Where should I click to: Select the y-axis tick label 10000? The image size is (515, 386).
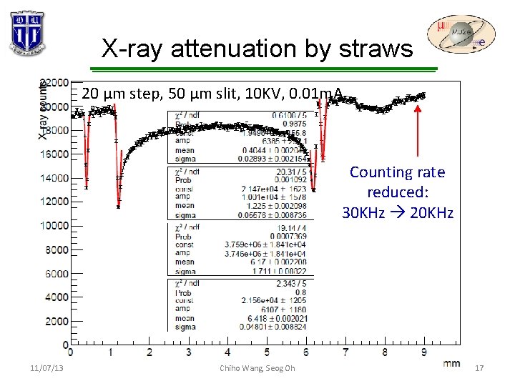click(54, 226)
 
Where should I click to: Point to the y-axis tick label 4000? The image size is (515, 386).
click(57, 297)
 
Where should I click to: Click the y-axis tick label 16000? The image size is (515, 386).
click(54, 154)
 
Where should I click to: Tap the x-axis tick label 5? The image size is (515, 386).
click(267, 352)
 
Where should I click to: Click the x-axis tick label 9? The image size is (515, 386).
click(424, 352)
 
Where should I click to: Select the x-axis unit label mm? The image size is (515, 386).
click(451, 363)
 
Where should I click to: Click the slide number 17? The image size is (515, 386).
click(479, 368)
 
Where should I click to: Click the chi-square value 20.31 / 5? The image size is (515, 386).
click(290, 172)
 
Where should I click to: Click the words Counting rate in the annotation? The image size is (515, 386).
click(397, 172)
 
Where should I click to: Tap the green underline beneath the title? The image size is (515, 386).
click(257, 69)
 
